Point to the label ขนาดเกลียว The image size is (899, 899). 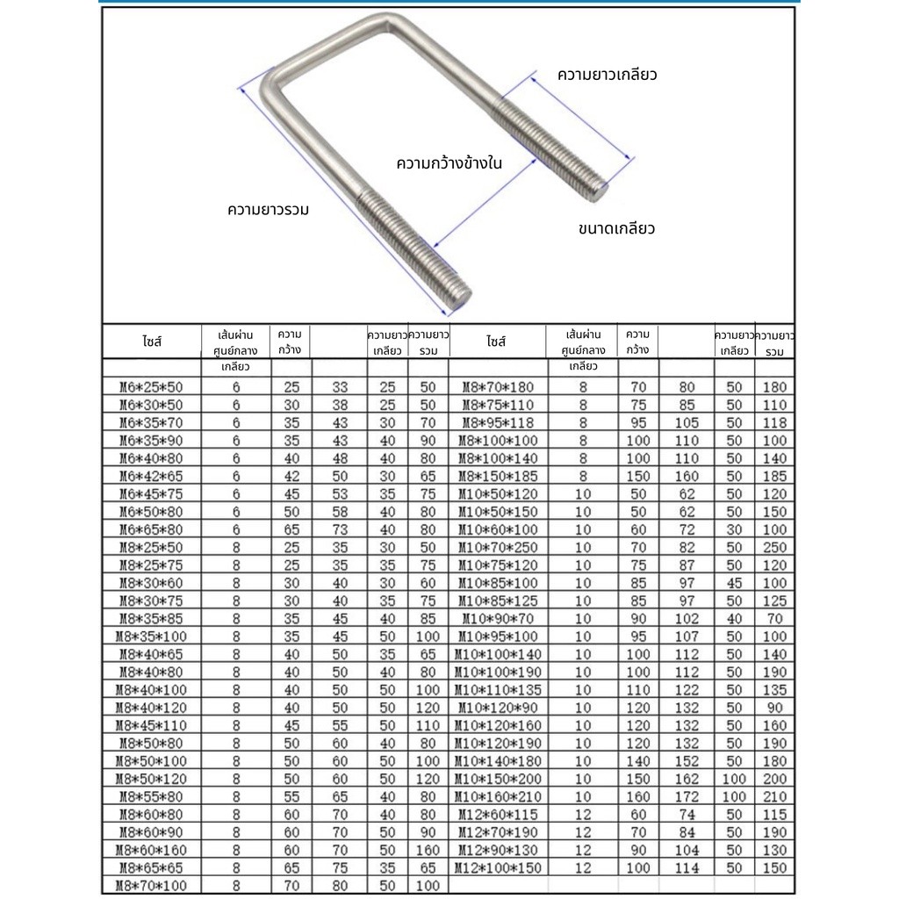[617, 229]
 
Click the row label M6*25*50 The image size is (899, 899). [151, 386]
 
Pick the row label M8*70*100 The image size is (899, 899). [151, 885]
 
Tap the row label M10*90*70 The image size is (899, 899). [497, 618]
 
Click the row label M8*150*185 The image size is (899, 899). [497, 476]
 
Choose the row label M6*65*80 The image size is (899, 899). [151, 529]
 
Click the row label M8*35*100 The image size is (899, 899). [151, 636]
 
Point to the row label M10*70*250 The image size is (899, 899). [497, 547]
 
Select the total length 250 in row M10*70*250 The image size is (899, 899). [775, 547]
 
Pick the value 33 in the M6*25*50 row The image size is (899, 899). [339, 386]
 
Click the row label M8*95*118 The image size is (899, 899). [497, 422]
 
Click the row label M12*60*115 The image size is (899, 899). [497, 814]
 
